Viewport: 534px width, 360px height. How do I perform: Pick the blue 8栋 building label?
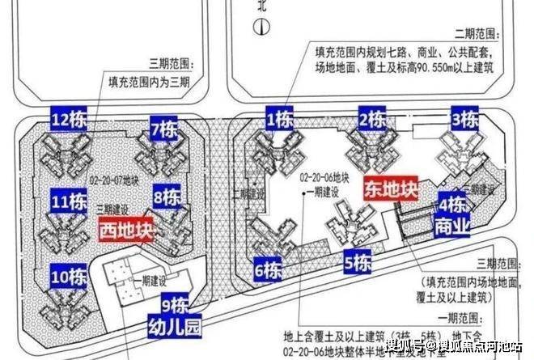(166, 197)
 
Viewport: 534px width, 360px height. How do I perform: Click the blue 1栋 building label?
(280, 120)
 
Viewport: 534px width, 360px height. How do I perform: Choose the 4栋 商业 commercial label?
(452, 214)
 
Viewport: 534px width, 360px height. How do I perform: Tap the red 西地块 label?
(125, 230)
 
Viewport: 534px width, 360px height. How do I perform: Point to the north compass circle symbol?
(258, 27)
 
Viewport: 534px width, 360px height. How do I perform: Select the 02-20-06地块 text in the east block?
(324, 176)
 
